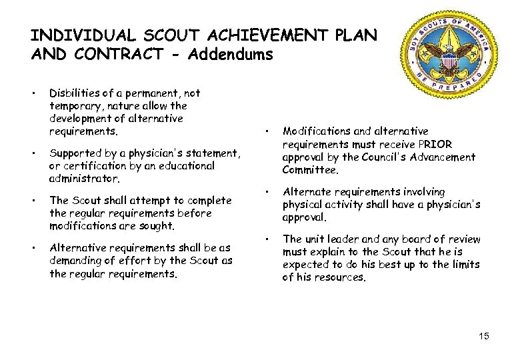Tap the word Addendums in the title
[231, 55]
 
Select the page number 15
[483, 335]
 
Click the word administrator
[85, 179]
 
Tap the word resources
[342, 277]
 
